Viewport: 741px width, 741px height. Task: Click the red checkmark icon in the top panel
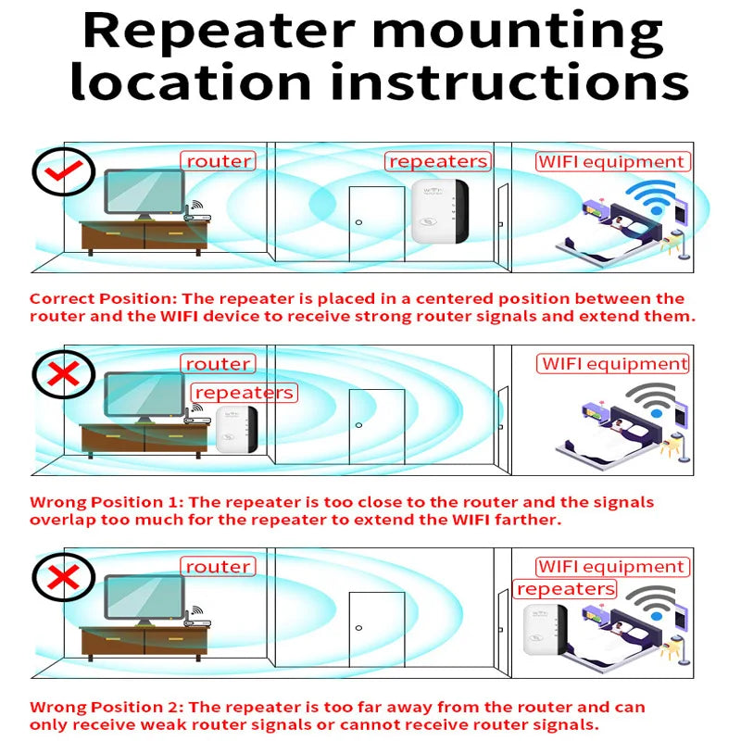pyautogui.click(x=63, y=171)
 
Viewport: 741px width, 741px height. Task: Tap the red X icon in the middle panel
pyautogui.click(x=63, y=375)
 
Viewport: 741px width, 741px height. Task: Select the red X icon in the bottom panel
pyautogui.click(x=63, y=578)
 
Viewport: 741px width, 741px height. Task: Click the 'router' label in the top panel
pyautogui.click(x=219, y=161)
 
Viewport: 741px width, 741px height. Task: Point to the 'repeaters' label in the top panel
pyautogui.click(x=438, y=161)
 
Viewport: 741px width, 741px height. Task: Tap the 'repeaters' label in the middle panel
pyautogui.click(x=245, y=393)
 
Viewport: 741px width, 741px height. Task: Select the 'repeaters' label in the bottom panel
pyautogui.click(x=565, y=589)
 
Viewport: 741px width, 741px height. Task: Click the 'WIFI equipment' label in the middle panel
pyautogui.click(x=614, y=364)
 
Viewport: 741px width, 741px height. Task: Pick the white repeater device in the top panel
pyautogui.click(x=441, y=212)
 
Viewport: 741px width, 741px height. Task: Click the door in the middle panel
pyautogui.click(x=376, y=426)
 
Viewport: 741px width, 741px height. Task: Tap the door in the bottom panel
pyautogui.click(x=376, y=629)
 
